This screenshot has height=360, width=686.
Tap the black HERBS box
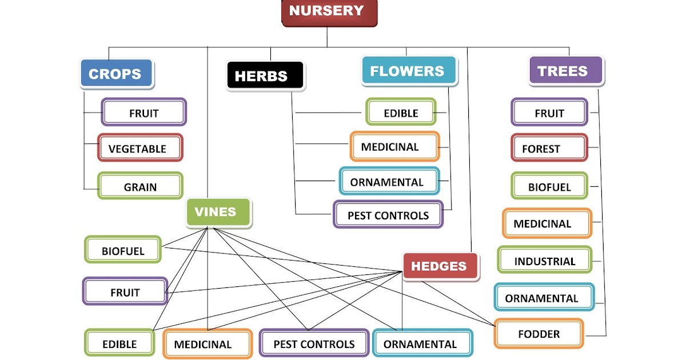265,76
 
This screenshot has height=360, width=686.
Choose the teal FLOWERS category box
408,71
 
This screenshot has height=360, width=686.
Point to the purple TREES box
565,71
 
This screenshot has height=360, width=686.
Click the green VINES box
218,212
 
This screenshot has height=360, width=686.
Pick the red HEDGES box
440,266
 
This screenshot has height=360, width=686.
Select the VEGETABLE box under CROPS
140,149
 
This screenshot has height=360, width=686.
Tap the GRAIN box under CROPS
140,186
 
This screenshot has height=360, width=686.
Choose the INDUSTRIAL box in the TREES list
544,261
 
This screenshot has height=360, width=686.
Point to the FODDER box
539,334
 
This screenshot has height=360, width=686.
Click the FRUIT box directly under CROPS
144,113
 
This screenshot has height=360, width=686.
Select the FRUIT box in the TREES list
549,113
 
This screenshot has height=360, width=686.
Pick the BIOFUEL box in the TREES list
549,186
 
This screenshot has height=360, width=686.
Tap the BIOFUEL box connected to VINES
123,250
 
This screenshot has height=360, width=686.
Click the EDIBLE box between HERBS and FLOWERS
401,113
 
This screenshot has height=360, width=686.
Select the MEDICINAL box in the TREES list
546,223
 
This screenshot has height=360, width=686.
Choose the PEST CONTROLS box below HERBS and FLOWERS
388,215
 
